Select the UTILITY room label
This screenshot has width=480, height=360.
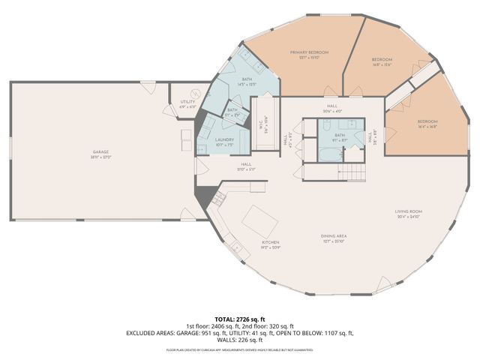(187, 102)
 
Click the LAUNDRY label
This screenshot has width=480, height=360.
(224, 139)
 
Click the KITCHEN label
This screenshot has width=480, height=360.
(270, 242)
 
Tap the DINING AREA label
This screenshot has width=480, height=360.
(334, 235)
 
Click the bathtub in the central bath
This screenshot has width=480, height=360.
(328, 154)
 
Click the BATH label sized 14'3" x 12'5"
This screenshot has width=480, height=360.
(247, 79)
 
